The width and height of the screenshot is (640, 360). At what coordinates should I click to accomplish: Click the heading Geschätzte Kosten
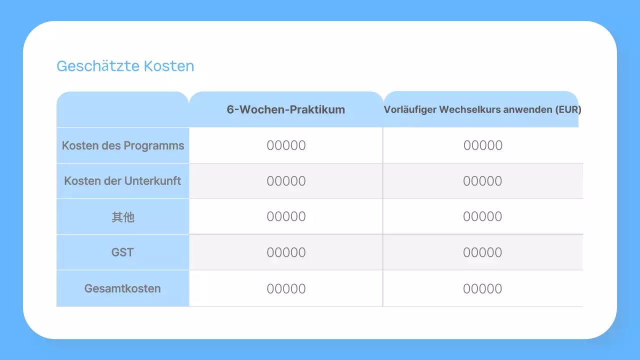(125, 66)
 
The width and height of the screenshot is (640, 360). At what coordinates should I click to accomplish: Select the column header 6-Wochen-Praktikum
(285, 110)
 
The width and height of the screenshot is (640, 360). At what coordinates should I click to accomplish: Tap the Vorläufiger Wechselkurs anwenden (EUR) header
(482, 110)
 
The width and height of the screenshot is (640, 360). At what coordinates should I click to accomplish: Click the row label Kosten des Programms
(123, 146)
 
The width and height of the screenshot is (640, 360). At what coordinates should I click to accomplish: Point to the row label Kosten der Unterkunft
(122, 181)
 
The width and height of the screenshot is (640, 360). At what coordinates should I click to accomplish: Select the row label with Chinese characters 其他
(123, 217)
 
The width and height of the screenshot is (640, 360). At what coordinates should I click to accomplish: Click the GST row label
(122, 252)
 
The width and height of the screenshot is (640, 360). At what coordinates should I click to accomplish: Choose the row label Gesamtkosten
(122, 288)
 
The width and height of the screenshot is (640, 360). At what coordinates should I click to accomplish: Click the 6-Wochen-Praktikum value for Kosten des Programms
(286, 145)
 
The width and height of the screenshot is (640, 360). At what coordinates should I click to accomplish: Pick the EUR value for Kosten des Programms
(482, 145)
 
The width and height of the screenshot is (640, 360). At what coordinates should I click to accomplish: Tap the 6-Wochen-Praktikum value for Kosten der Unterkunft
(286, 181)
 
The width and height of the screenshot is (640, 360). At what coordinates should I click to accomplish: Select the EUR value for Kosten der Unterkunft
(482, 181)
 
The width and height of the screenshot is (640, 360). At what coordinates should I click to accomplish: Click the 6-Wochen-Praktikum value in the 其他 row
(286, 216)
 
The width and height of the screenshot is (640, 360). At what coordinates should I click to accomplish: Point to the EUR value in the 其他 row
(482, 216)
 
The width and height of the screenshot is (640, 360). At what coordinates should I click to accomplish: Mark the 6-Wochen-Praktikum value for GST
(286, 252)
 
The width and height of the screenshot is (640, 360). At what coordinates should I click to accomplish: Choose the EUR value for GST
(482, 252)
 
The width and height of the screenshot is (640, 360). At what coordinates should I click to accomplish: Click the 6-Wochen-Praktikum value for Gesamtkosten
(286, 288)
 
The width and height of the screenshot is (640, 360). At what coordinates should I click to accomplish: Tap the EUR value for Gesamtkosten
(482, 288)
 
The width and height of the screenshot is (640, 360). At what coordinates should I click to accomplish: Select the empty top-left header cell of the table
(122, 109)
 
